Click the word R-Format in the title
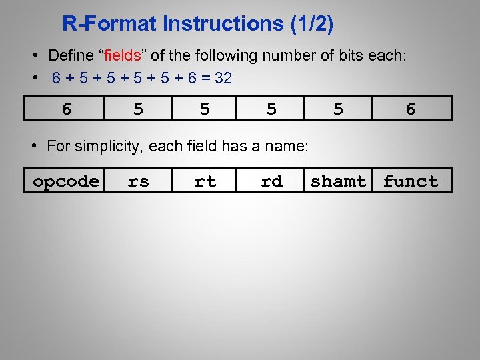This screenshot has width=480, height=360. click(110, 24)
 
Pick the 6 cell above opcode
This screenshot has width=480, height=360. click(66, 109)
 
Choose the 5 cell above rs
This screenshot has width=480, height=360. click(138, 109)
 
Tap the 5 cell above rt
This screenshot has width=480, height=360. click(205, 109)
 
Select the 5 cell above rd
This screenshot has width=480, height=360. click(271, 109)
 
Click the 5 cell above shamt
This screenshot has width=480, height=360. click(339, 109)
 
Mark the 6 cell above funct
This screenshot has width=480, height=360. click(411, 109)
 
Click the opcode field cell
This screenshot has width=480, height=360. click(66, 181)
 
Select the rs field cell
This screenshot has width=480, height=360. click(138, 181)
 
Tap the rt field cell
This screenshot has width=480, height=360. click(205, 181)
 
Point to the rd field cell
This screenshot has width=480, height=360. click(271, 181)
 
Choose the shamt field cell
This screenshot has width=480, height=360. click(339, 181)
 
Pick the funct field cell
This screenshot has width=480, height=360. click(411, 181)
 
